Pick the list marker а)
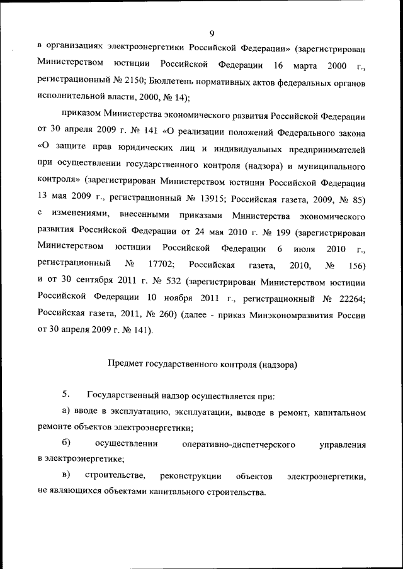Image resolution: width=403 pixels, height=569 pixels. pos(66,412)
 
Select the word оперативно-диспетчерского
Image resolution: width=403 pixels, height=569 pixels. pos(239,445)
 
